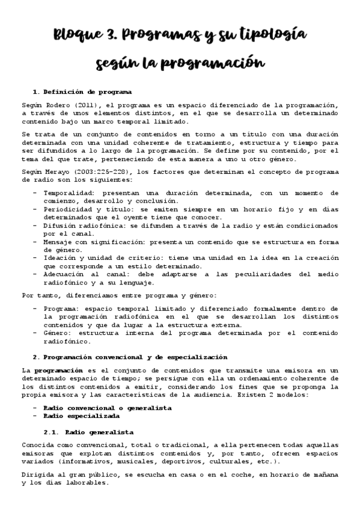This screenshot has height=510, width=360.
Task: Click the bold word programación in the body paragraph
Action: point(58,370)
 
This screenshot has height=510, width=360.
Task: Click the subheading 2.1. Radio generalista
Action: point(89,432)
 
